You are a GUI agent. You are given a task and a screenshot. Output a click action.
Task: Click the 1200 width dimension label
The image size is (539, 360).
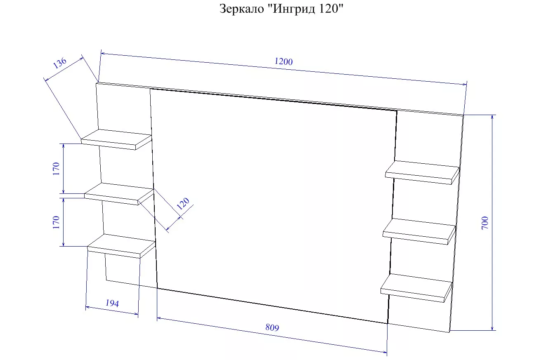pyautogui.click(x=284, y=61)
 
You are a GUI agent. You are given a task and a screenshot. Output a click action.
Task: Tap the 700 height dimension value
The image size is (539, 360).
pyautogui.click(x=485, y=223)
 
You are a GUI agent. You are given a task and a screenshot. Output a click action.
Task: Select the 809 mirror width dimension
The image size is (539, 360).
pyautogui.click(x=272, y=327)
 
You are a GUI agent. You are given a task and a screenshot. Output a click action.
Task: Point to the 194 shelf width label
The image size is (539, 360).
pyautogui.click(x=112, y=303)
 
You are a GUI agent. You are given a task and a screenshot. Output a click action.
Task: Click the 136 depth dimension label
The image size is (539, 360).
pyautogui.click(x=59, y=63)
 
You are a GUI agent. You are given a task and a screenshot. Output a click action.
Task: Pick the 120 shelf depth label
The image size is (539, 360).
pyautogui.click(x=183, y=203)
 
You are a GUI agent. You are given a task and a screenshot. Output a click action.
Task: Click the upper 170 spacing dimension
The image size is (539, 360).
pyautogui.click(x=56, y=169)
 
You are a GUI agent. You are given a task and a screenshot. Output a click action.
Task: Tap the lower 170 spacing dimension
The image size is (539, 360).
pyautogui.click(x=56, y=222)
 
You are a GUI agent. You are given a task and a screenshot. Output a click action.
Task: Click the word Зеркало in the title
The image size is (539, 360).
pyautogui.click(x=241, y=9)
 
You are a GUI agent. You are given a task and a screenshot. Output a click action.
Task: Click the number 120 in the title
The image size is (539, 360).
pyautogui.click(x=329, y=9)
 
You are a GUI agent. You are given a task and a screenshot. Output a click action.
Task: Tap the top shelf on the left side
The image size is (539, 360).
pyautogui.click(x=116, y=139)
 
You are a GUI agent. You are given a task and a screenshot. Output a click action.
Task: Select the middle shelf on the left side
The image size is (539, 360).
pyautogui.click(x=119, y=194)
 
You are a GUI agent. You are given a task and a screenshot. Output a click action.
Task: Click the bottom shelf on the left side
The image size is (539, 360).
pyautogui.click(x=121, y=246)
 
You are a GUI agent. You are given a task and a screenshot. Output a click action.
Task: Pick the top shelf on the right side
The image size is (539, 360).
pyautogui.click(x=422, y=172)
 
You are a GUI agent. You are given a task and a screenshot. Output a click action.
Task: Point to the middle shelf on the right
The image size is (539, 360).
pyautogui.click(x=419, y=231)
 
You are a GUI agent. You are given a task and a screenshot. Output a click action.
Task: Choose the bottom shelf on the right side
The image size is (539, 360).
pyautogui.click(x=416, y=288)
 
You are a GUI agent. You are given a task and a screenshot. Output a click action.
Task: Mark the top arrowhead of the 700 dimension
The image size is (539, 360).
pyautogui.click(x=492, y=117)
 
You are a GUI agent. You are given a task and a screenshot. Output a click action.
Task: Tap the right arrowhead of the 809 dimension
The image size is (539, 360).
pyautogui.click(x=385, y=352)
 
